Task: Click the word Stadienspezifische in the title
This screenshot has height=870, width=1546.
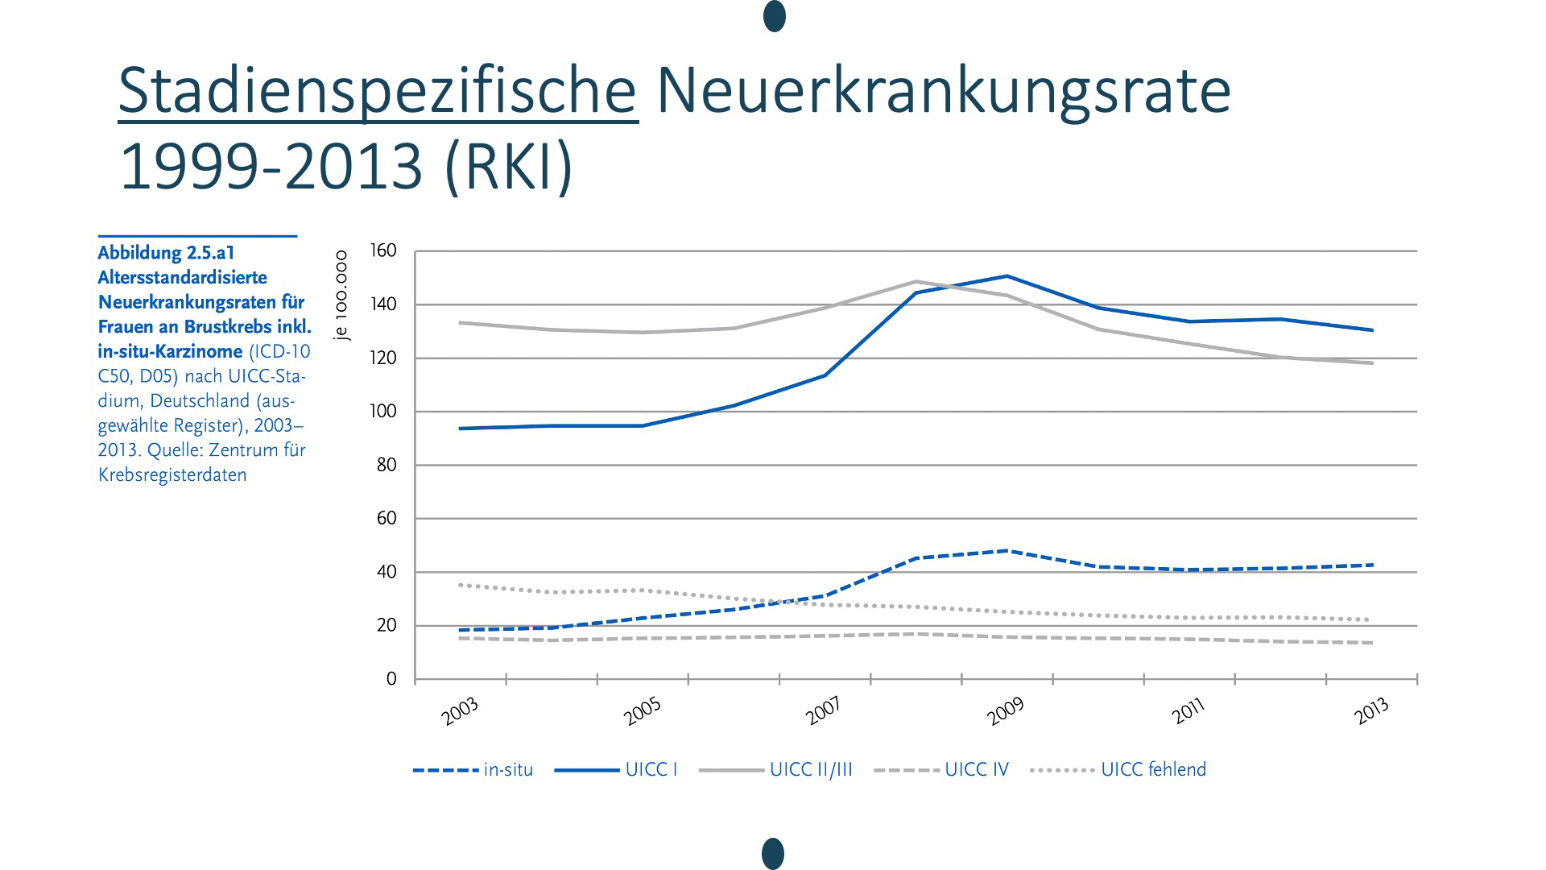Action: [378, 91]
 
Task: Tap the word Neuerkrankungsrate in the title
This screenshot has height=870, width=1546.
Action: [943, 91]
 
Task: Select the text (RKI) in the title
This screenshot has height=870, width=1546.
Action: [508, 167]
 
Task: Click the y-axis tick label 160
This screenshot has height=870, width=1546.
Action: [383, 251]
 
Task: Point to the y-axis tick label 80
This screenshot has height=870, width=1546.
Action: [386, 466]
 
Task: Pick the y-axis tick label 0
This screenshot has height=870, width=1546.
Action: [391, 679]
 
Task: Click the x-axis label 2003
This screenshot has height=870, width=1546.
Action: [461, 710]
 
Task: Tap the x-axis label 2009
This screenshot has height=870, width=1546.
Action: [1007, 710]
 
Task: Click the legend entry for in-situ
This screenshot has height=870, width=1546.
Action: [508, 770]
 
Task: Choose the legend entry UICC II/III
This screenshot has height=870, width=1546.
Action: [810, 770]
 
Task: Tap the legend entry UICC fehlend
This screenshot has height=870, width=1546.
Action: [1153, 770]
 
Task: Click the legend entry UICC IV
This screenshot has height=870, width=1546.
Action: [976, 770]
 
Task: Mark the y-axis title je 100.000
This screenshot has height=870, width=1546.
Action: [341, 296]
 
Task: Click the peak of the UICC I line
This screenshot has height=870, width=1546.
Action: [1007, 276]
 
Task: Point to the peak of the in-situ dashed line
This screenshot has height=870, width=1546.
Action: [1007, 551]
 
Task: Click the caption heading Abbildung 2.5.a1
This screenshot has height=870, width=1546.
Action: [166, 253]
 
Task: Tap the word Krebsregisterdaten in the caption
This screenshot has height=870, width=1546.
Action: [172, 475]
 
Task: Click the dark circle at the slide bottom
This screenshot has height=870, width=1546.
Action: [773, 854]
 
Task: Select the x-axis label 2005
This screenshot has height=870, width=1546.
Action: [643, 710]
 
